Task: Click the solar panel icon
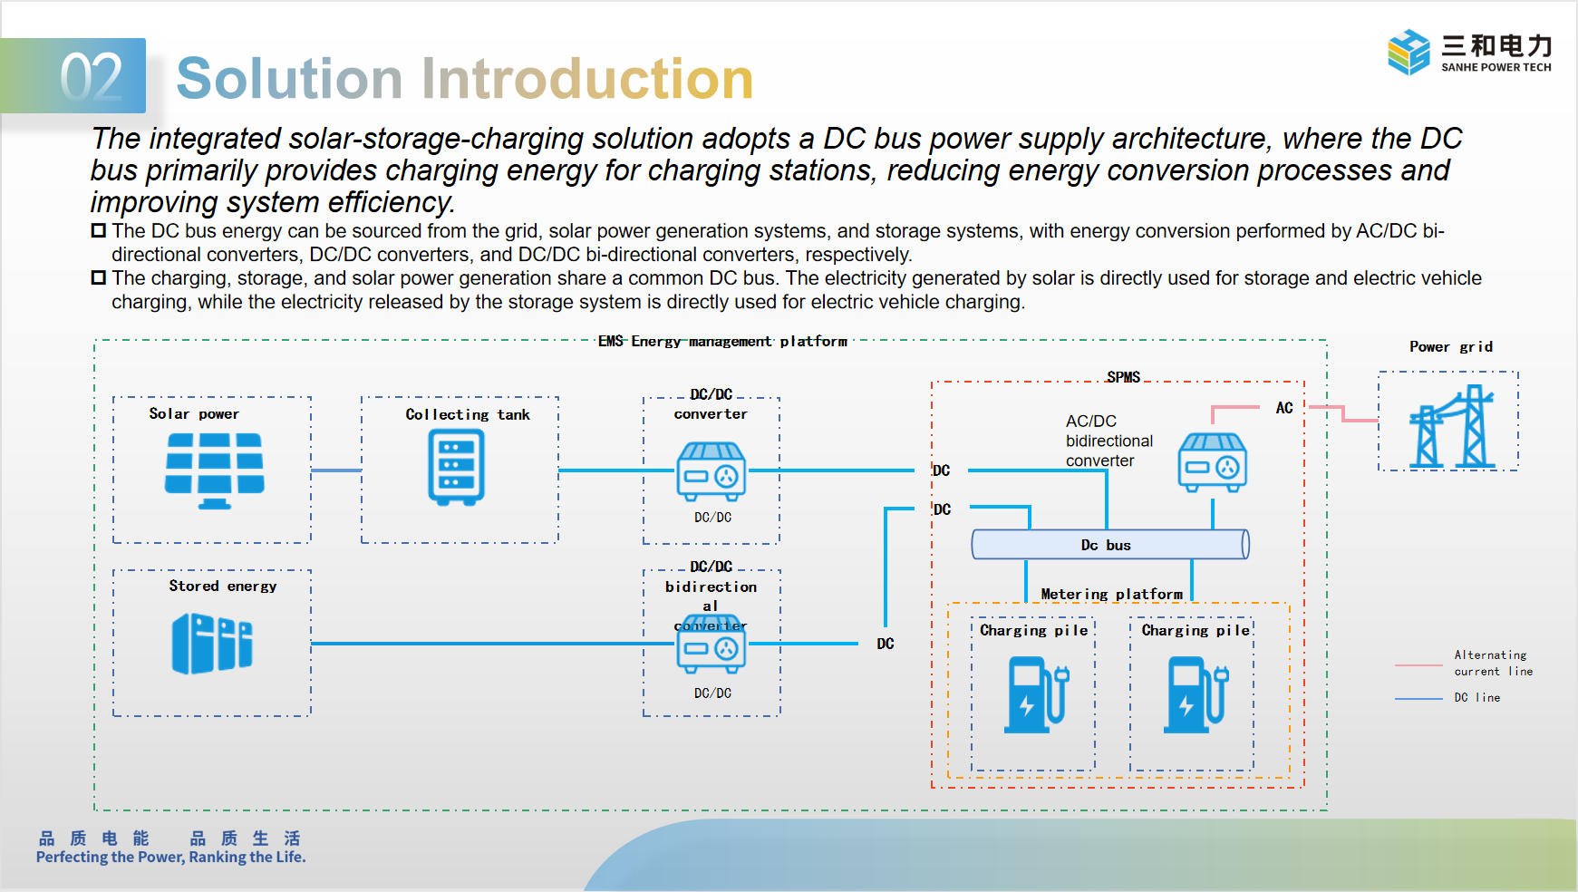click(214, 470)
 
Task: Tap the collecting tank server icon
click(456, 467)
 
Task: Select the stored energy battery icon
click(212, 643)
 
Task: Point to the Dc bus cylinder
click(1109, 544)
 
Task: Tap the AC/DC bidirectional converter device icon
click(1212, 462)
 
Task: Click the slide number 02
click(91, 78)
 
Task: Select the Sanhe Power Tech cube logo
click(1408, 53)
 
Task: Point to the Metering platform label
click(1111, 594)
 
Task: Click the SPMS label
click(1123, 377)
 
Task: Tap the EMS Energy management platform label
click(722, 341)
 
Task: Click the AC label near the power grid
click(1284, 408)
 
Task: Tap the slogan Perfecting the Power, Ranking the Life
click(171, 857)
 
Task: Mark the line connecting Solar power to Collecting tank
click(335, 470)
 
